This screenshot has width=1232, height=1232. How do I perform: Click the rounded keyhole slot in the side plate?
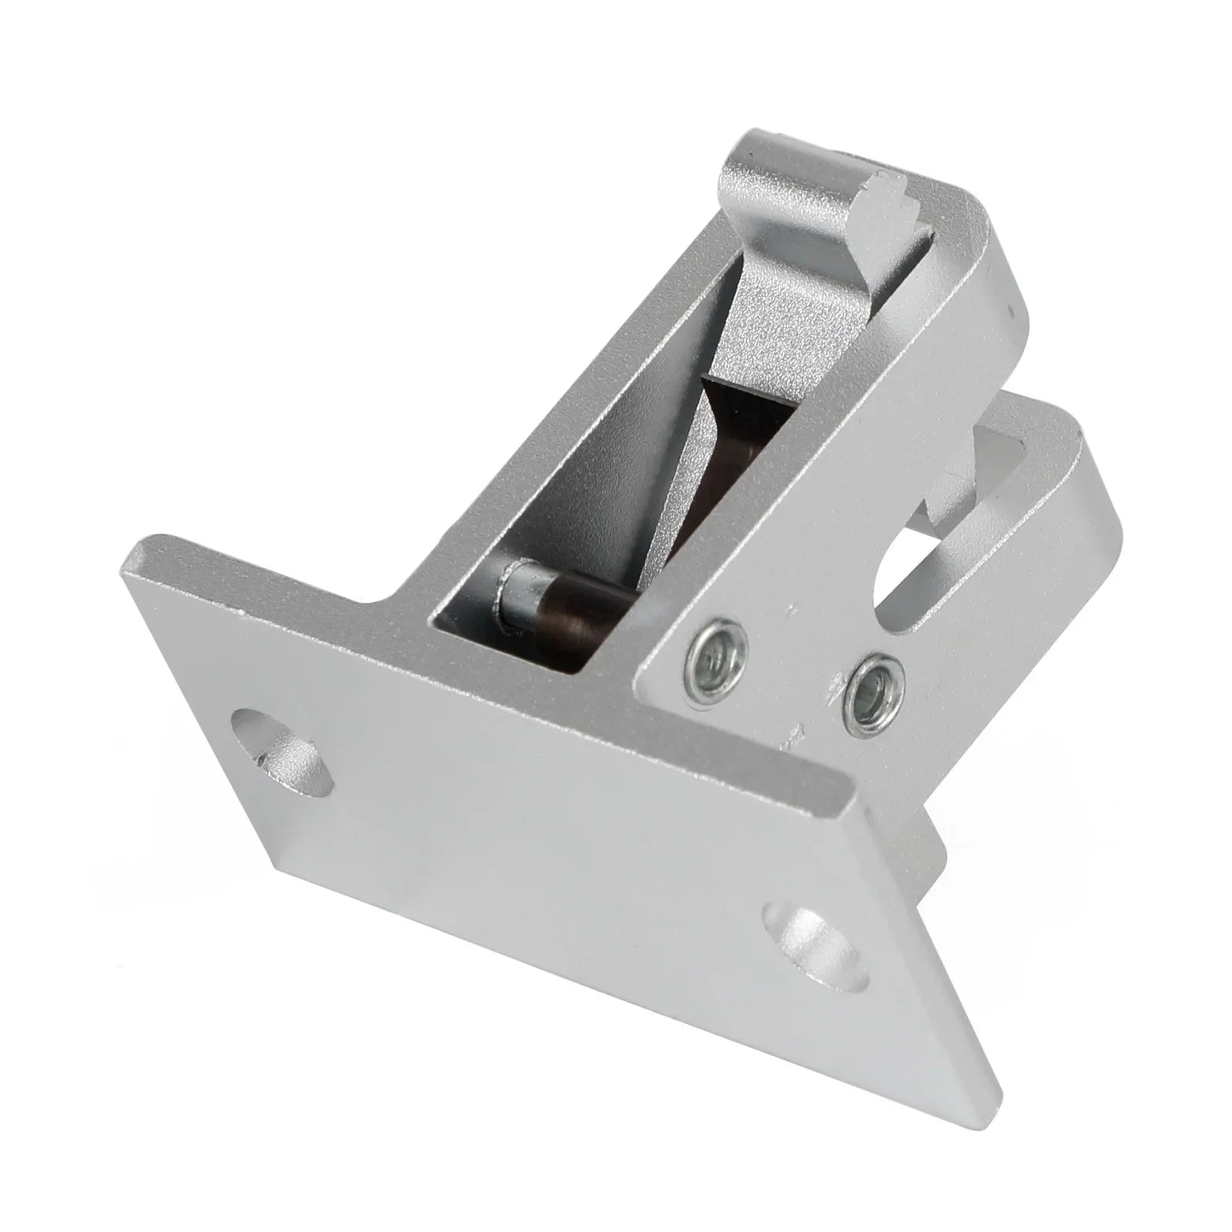911,574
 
